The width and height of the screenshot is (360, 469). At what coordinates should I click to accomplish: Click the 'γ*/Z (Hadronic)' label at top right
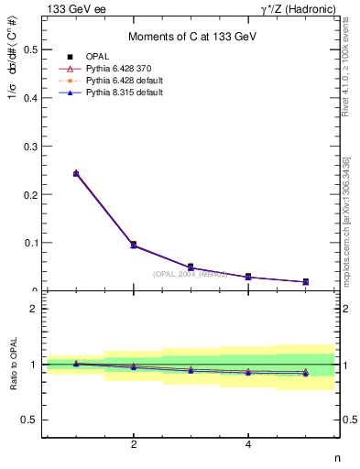pyautogui.click(x=299, y=8)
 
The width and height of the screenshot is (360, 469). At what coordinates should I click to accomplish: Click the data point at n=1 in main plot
pyautogui.click(x=76, y=173)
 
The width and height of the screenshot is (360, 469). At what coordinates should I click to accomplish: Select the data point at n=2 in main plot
pyautogui.click(x=134, y=245)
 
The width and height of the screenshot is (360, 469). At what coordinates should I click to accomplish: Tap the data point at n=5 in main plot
pyautogui.click(x=305, y=282)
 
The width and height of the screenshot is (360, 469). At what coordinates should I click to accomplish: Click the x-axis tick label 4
pyautogui.click(x=248, y=444)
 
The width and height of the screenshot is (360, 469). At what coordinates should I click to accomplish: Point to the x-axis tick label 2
pyautogui.click(x=134, y=444)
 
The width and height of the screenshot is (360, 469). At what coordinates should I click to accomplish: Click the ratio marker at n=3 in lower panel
pyautogui.click(x=191, y=370)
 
